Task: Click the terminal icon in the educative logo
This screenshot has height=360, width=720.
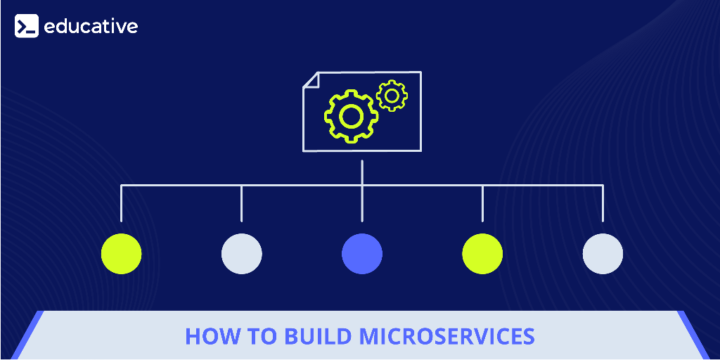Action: [x=27, y=26]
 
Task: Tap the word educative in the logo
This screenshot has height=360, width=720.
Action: [x=91, y=26]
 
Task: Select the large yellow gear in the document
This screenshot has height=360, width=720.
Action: [x=350, y=115]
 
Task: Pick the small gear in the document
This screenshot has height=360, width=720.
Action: [x=392, y=96]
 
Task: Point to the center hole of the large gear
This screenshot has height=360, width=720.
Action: [x=350, y=115]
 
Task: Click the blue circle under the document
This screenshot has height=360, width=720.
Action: [x=362, y=254]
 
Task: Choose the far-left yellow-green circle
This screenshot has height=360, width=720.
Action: [x=121, y=254]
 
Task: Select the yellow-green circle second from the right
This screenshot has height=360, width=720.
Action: [x=482, y=254]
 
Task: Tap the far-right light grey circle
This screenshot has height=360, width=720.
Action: [x=603, y=254]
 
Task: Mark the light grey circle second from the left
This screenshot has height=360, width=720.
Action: [x=242, y=254]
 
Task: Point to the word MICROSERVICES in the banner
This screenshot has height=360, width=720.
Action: [x=447, y=336]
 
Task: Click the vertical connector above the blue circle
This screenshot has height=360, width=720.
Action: [x=362, y=204]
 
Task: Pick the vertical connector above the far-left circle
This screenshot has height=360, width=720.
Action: [x=121, y=204]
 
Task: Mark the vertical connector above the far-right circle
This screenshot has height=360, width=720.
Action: [x=603, y=204]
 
